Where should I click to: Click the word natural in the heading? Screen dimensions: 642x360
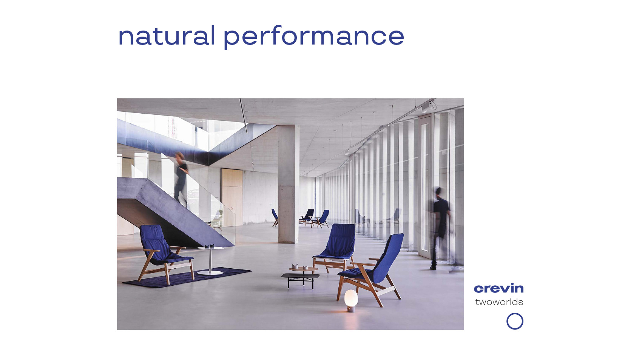coord(167,36)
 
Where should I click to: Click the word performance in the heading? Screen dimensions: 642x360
coord(314,38)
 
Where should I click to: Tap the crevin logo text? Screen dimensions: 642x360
coord(499,288)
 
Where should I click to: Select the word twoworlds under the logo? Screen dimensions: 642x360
coord(499,302)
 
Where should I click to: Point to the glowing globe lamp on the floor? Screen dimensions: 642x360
coord(351,300)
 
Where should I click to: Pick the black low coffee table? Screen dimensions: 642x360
coord(300,280)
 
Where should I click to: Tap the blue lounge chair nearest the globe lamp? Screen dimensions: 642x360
coord(373,269)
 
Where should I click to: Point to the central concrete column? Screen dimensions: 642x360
coord(288,184)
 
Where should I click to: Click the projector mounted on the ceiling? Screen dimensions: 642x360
coord(427,108)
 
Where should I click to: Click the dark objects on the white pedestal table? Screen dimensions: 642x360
coord(210,246)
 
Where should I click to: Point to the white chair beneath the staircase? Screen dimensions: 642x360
coord(216,220)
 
